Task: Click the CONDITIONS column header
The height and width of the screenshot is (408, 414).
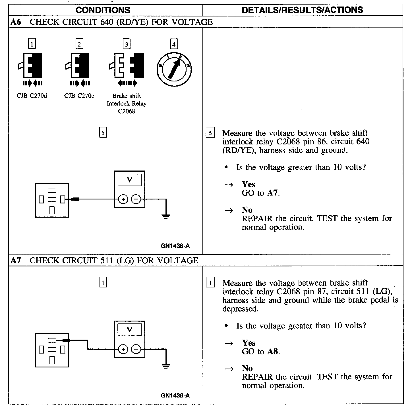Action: pos(103,10)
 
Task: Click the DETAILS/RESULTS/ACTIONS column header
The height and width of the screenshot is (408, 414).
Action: pos(302,10)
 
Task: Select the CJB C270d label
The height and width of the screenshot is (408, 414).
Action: pos(32,96)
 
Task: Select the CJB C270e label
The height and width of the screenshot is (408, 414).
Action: pos(79,96)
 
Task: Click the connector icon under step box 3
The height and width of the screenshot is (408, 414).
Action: pos(127,65)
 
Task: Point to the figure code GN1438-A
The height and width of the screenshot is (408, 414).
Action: pos(175,246)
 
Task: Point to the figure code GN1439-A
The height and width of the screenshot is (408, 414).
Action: pos(175,396)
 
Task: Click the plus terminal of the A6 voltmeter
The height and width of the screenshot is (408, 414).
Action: pos(123,199)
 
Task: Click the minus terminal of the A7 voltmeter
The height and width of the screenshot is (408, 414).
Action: pos(136,349)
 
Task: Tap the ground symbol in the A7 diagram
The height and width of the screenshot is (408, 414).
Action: pos(166,366)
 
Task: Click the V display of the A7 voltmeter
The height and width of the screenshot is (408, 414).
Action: pos(130,330)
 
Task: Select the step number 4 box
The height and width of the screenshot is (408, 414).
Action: pos(174,44)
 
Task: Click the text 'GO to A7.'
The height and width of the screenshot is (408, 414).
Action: pos(261,193)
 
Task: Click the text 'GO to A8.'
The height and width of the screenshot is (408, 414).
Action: pos(261,352)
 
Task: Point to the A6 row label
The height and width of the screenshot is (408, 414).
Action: pos(16,22)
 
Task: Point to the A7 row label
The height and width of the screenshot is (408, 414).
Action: pos(16,260)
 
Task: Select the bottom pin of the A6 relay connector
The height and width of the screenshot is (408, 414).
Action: pos(52,210)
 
